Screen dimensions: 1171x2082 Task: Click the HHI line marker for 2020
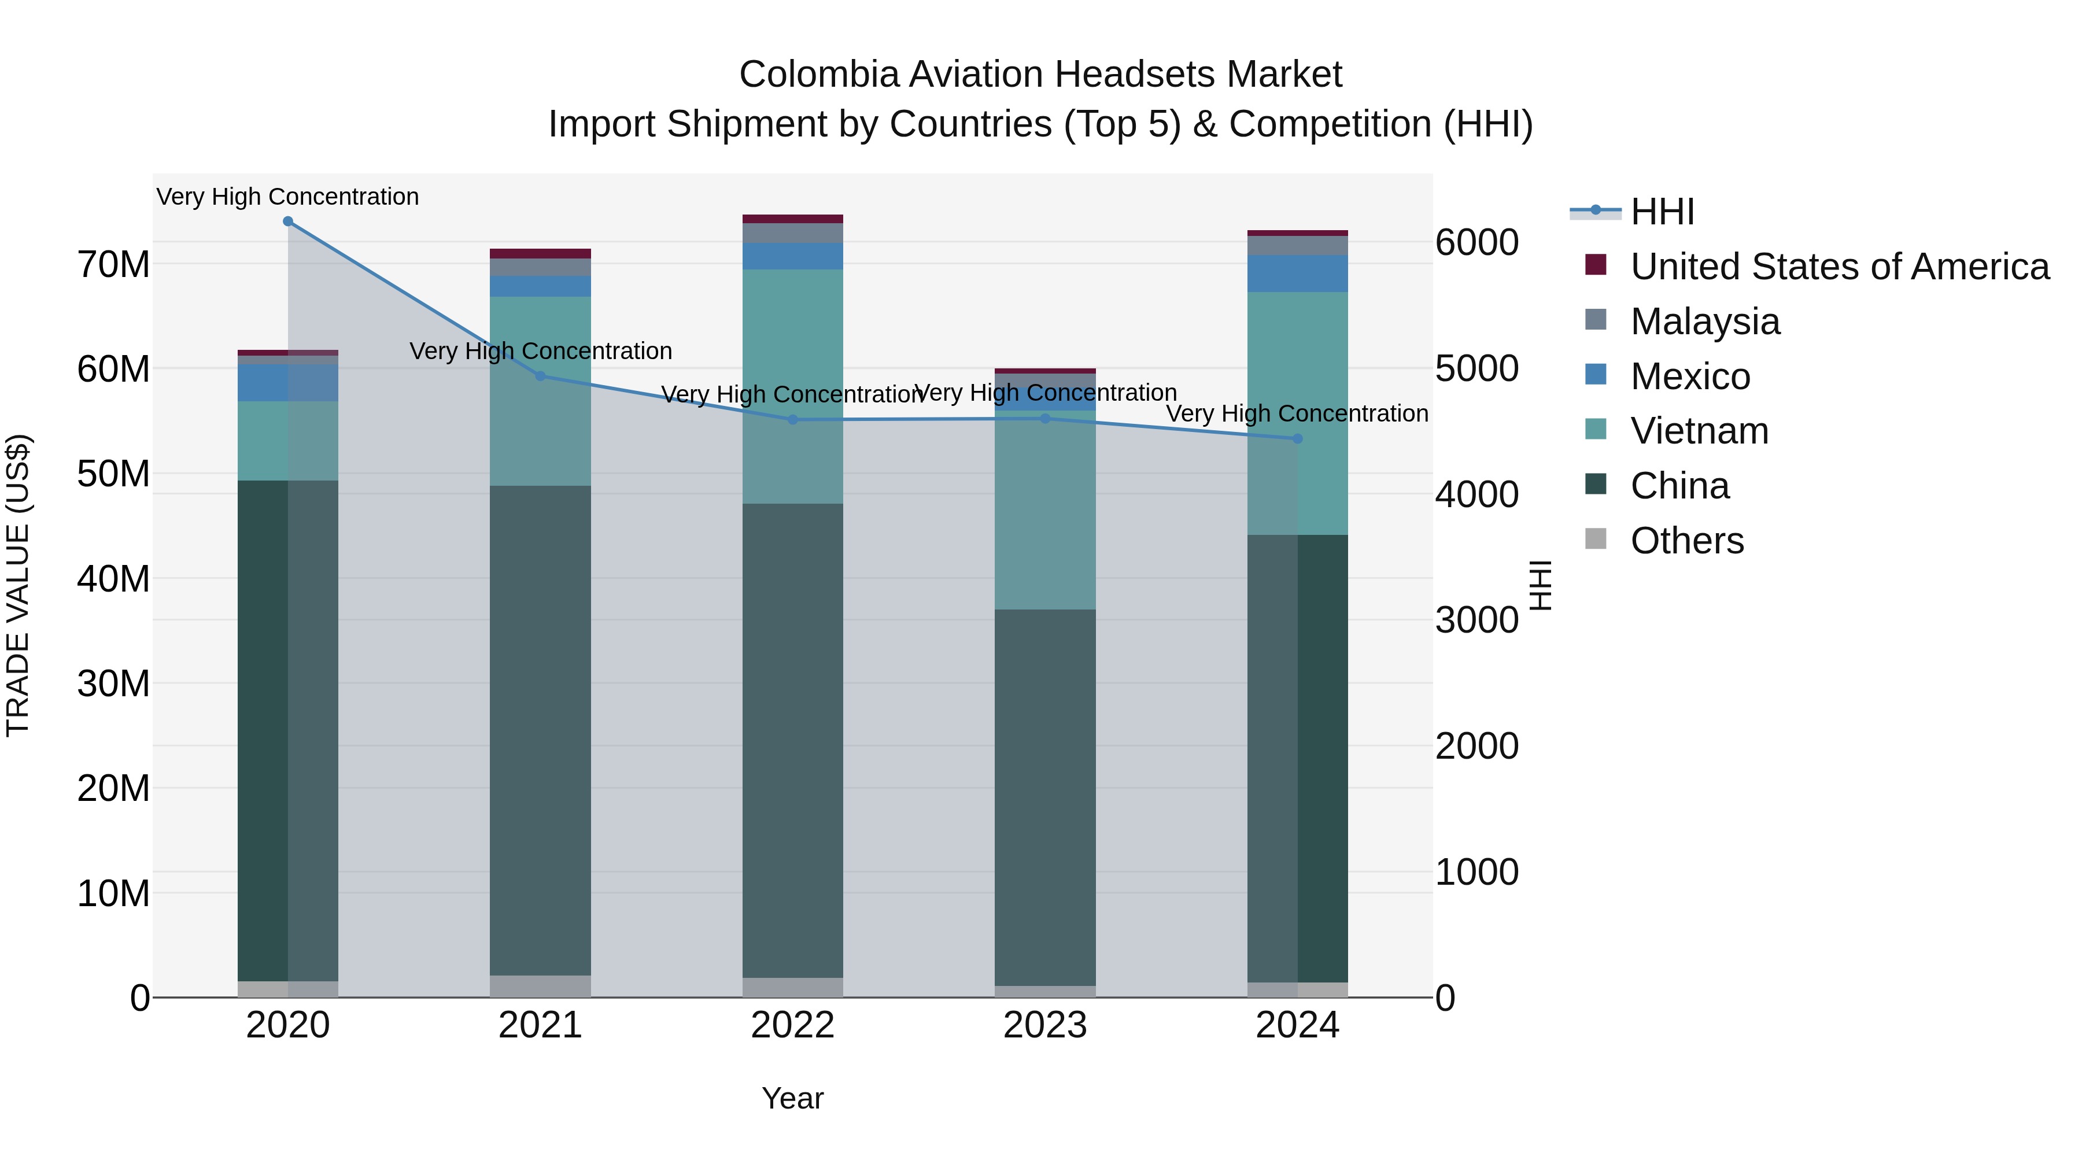(288, 221)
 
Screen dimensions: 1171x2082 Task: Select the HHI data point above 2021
(541, 376)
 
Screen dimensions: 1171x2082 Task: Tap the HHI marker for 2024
(1297, 439)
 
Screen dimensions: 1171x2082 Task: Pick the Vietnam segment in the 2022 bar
(792, 386)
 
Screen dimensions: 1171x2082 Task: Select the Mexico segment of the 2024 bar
(1297, 273)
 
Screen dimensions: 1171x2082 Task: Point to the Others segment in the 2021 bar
(540, 986)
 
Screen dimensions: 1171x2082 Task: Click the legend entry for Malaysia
(1706, 322)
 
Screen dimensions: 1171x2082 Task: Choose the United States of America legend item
(1839, 267)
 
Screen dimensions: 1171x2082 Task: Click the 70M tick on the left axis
(113, 265)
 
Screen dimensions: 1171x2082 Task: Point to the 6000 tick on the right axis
(1476, 242)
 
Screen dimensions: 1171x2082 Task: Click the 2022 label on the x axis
(792, 1025)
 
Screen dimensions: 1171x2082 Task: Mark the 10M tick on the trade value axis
(113, 894)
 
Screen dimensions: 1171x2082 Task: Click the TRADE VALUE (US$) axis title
(18, 585)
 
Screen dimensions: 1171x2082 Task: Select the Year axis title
(792, 1098)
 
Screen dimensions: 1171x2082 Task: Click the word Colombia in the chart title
(818, 75)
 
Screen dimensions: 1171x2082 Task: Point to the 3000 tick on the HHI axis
(1476, 620)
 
